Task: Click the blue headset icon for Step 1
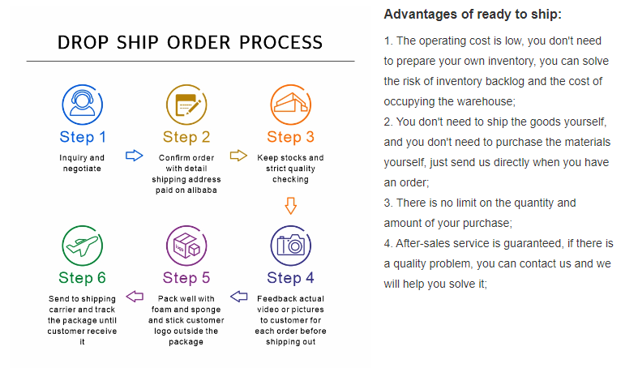(x=82, y=105)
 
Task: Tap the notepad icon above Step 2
(x=186, y=105)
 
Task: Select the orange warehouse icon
(x=290, y=105)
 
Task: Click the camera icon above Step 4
(x=290, y=246)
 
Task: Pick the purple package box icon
(x=186, y=246)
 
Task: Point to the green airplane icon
(x=82, y=246)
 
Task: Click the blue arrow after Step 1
(x=135, y=156)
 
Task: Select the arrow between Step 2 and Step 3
(x=238, y=156)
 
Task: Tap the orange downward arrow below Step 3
(x=290, y=206)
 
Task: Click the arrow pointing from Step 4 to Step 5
(x=239, y=297)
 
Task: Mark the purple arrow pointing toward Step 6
(x=135, y=297)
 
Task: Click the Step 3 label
(x=290, y=137)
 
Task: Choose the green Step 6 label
(x=82, y=278)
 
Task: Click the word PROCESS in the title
(x=280, y=43)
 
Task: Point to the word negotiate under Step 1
(x=82, y=169)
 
